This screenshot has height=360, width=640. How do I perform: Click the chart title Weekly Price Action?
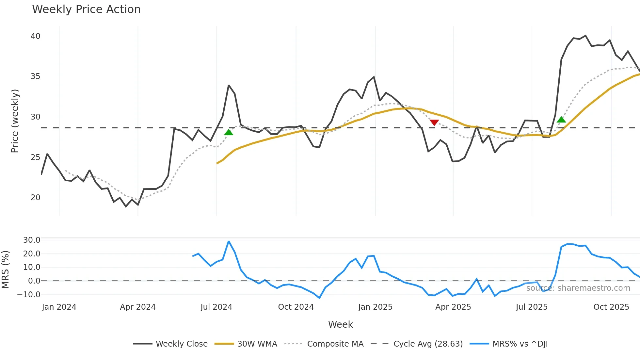(x=86, y=9)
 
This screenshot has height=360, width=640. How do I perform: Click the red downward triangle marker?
(x=434, y=123)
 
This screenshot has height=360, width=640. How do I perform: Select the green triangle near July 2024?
(x=229, y=132)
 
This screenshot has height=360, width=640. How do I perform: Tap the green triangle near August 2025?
(x=561, y=120)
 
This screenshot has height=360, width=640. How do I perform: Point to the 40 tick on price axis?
(x=35, y=36)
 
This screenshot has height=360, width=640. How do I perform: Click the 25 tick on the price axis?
(x=35, y=157)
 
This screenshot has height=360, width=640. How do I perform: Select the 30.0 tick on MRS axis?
(x=32, y=240)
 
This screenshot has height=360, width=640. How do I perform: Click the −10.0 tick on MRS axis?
(x=29, y=294)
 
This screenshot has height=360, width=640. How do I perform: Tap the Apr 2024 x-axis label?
(x=137, y=307)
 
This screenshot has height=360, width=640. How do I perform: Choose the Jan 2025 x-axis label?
(x=375, y=307)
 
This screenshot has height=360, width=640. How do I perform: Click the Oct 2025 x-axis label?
(x=611, y=307)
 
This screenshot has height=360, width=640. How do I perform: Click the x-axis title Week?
(x=340, y=324)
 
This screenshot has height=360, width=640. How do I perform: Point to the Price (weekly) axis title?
(x=15, y=121)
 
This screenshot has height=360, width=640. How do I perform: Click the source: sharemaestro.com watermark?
(x=578, y=288)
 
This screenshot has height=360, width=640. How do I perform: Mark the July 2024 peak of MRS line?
(x=229, y=241)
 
